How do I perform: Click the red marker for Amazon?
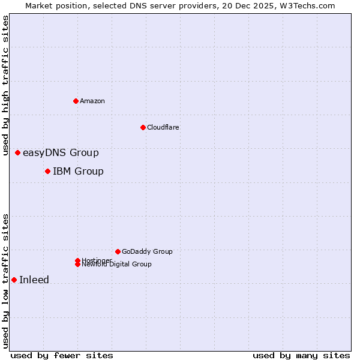point(76,101)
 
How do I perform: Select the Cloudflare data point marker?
point(143,127)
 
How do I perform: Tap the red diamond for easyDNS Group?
point(17,153)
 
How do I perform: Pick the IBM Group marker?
point(47,172)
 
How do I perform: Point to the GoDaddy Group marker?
point(118,251)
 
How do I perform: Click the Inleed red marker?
point(14,280)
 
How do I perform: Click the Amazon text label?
point(92,101)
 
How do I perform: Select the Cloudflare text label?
point(163,127)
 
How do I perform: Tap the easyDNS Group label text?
point(61,153)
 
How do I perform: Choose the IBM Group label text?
point(78,172)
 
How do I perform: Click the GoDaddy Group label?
point(147,251)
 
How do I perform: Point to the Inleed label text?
point(34,280)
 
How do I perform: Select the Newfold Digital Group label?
point(117,265)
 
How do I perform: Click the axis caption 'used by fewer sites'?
point(62,355)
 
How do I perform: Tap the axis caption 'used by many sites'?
point(301,355)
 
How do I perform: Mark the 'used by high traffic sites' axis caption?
point(6,85)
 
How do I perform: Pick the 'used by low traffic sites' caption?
point(6,281)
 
